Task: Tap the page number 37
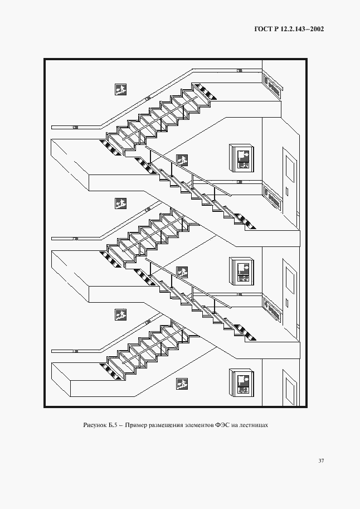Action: point(321,460)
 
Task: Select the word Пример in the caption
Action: point(137,425)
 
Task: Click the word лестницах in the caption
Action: point(256,425)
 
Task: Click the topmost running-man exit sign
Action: point(120,89)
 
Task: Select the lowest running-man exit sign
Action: point(182,384)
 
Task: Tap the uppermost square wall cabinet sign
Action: point(242,157)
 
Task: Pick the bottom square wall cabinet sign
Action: point(242,382)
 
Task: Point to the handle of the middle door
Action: point(286,303)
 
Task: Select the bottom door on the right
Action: point(290,390)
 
